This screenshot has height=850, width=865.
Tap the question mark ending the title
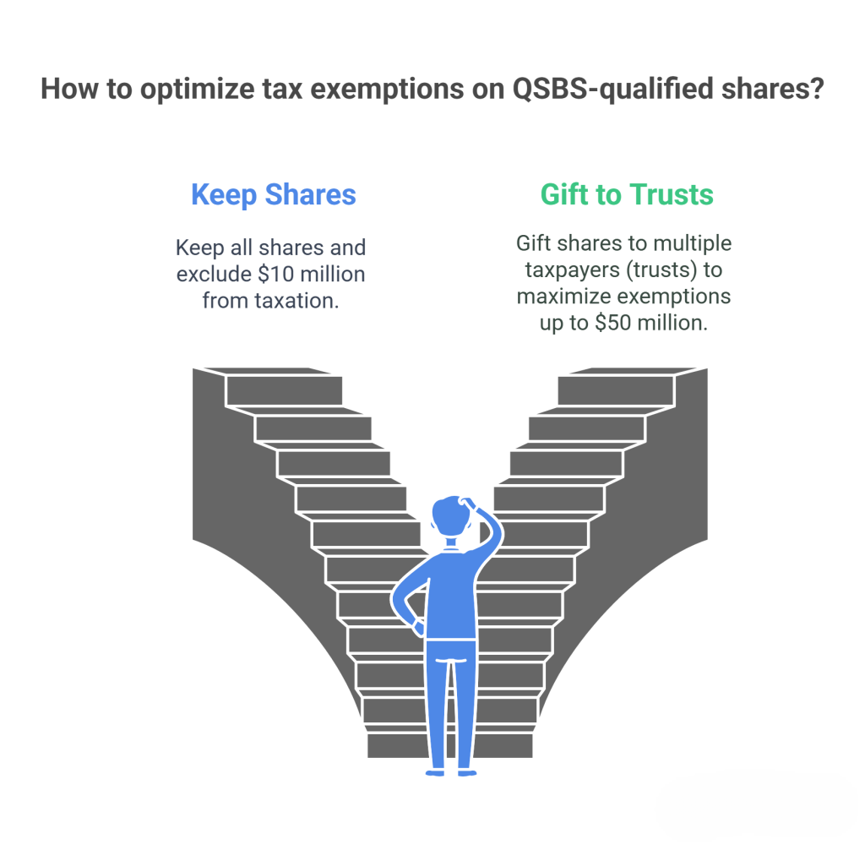click(817, 90)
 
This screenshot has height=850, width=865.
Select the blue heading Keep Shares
click(274, 194)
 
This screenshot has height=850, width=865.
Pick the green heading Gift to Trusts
click(627, 194)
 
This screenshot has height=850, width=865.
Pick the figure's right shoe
click(465, 771)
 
